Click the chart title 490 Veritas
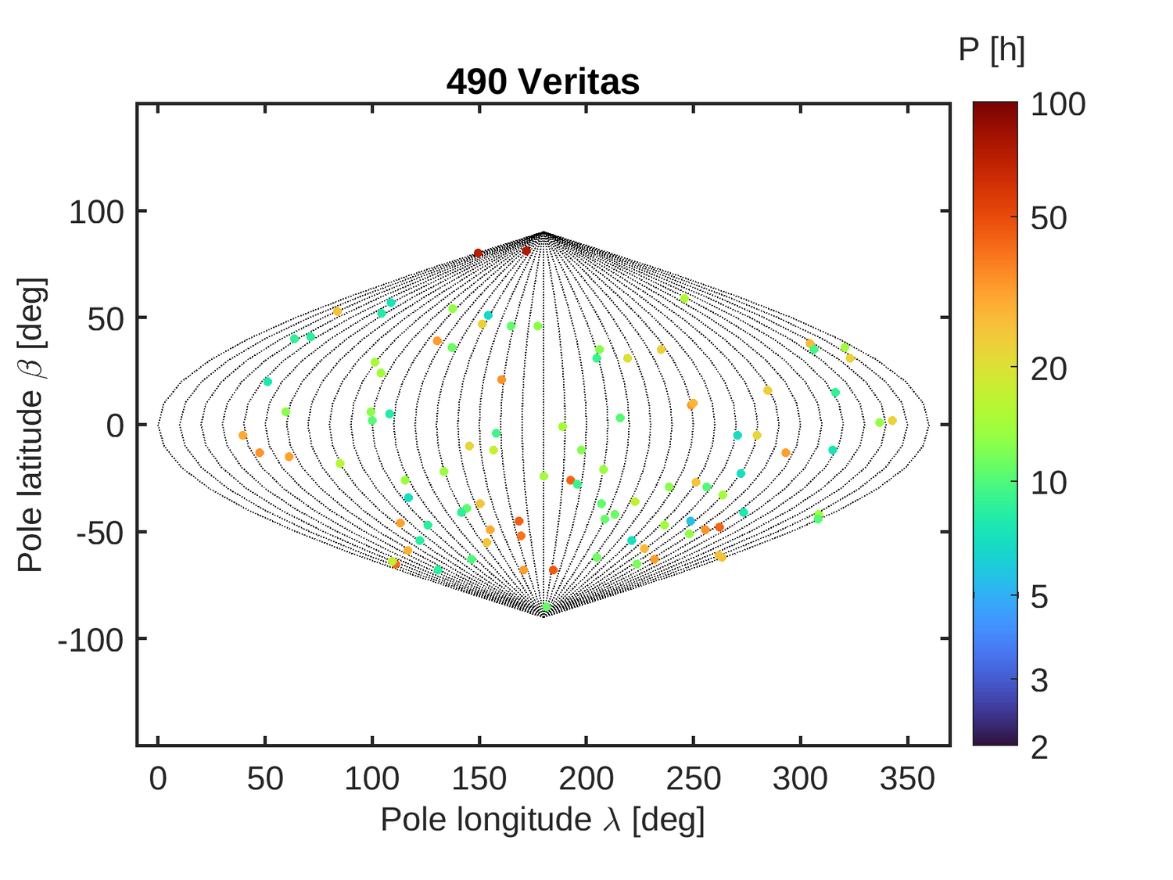(543, 81)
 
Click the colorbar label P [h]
(991, 50)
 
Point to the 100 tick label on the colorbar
(1057, 104)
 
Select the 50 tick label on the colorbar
(1049, 218)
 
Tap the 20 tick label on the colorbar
(1049, 368)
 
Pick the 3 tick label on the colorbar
(1039, 681)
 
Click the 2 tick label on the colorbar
(1039, 747)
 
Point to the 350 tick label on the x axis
(907, 779)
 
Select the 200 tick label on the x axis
(586, 779)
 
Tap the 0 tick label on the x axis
(158, 779)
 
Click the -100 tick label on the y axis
(91, 640)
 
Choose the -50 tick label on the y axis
(99, 533)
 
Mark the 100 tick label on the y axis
(97, 212)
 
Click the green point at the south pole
(546, 607)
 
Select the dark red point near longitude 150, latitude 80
(478, 253)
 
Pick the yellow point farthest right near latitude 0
(892, 421)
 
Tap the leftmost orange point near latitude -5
(242, 436)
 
